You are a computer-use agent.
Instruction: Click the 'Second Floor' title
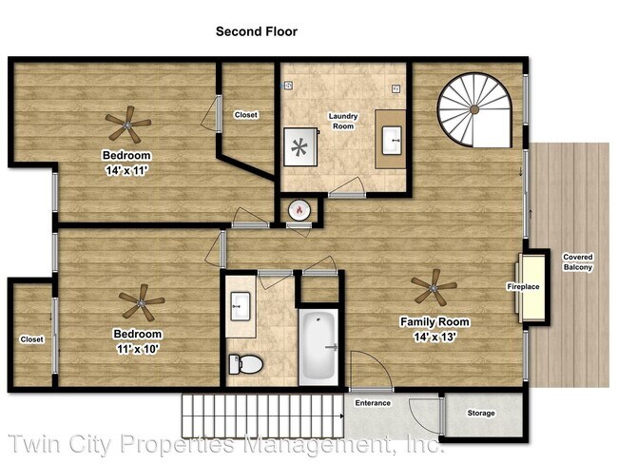[x=257, y=31]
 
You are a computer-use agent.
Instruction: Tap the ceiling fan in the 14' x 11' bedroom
[x=127, y=125]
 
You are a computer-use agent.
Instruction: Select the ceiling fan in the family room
[x=434, y=288]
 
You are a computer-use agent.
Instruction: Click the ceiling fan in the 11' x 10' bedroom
[x=142, y=302]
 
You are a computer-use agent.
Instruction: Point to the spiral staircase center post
[x=474, y=109]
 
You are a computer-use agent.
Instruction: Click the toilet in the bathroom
[x=245, y=364]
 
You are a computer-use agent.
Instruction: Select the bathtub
[x=319, y=347]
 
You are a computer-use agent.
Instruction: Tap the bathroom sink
[x=240, y=306]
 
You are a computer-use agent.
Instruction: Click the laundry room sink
[x=392, y=140]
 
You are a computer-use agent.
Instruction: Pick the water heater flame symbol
[x=299, y=210]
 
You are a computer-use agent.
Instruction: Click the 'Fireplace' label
[x=523, y=286]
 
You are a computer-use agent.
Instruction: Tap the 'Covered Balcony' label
[x=578, y=262]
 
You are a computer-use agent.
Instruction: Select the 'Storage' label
[x=481, y=414]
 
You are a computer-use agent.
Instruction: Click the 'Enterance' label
[x=373, y=403]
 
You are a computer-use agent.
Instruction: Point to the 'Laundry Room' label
[x=343, y=121]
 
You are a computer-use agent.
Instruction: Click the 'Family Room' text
[x=435, y=322]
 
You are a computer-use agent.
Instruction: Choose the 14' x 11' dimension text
[x=126, y=170]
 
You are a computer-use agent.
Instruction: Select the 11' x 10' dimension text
[x=138, y=349]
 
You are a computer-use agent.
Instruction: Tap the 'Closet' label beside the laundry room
[x=246, y=115]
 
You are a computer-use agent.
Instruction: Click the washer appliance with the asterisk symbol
[x=300, y=146]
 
